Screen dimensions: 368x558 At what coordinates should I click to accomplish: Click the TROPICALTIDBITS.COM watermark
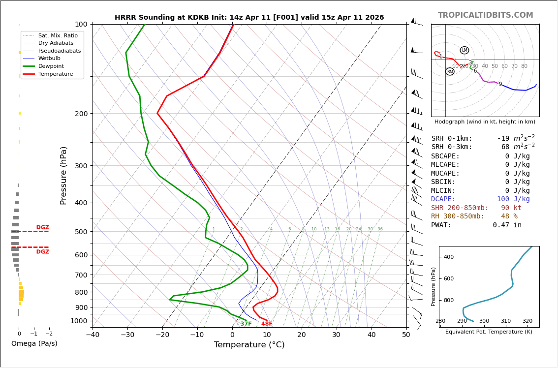coord(485,15)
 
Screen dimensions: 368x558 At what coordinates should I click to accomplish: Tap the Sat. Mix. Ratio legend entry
coord(58,35)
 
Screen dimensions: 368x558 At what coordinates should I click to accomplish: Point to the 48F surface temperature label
coord(267,324)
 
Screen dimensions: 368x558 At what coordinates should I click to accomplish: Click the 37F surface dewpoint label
coord(246,324)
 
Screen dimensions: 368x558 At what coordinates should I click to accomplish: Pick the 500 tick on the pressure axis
coord(81,232)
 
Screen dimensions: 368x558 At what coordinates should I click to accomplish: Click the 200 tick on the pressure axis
coord(81,114)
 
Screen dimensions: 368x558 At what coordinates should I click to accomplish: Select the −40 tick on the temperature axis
coord(93,335)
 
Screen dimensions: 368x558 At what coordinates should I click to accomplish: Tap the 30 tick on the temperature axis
coord(336,335)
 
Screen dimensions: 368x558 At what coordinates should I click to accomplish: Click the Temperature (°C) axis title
coord(249,345)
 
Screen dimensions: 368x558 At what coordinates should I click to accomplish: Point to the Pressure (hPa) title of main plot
coord(64,175)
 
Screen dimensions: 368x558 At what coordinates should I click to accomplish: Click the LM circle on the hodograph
coord(465,50)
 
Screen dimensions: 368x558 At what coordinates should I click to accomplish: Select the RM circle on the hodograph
coord(450,72)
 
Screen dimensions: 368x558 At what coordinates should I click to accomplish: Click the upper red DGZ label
coord(42,227)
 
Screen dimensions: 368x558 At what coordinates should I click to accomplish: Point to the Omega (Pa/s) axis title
coord(34,343)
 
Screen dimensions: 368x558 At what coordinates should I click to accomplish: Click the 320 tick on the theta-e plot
coord(527,321)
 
